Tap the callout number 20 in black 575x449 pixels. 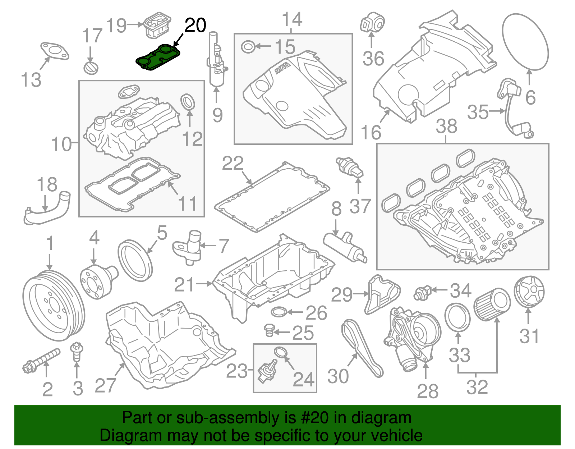pyautogui.click(x=195, y=25)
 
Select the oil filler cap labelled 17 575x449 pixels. pyautogui.click(x=91, y=68)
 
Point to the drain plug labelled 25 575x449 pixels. pyautogui.click(x=269, y=330)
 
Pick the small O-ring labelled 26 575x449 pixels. pyautogui.click(x=279, y=312)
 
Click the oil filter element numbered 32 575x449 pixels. pyautogui.click(x=492, y=304)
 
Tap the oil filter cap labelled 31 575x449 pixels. pyautogui.click(x=529, y=292)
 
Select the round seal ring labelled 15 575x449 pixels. pyautogui.click(x=248, y=47)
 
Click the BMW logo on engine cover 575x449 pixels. pyautogui.click(x=282, y=68)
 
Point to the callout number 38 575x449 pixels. pyautogui.click(x=446, y=126)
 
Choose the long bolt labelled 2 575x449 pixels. pyautogui.click(x=41, y=359)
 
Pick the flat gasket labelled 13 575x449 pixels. pyautogui.click(x=54, y=50)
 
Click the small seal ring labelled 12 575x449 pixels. pyautogui.click(x=188, y=102)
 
